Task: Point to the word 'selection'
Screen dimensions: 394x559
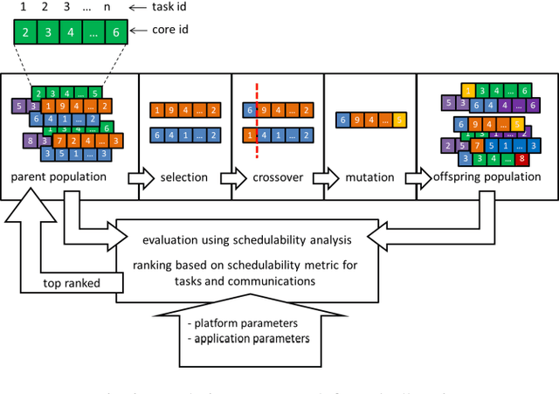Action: pyautogui.click(x=184, y=177)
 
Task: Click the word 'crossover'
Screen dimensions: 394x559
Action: pyautogui.click(x=275, y=177)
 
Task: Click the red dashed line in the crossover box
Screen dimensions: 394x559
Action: pyautogui.click(x=257, y=122)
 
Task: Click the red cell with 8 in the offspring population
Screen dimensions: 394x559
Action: pyautogui.click(x=521, y=160)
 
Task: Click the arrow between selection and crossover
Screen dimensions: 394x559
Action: pyautogui.click(x=230, y=178)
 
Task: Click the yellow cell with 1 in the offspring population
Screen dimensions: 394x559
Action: pyautogui.click(x=469, y=91)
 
